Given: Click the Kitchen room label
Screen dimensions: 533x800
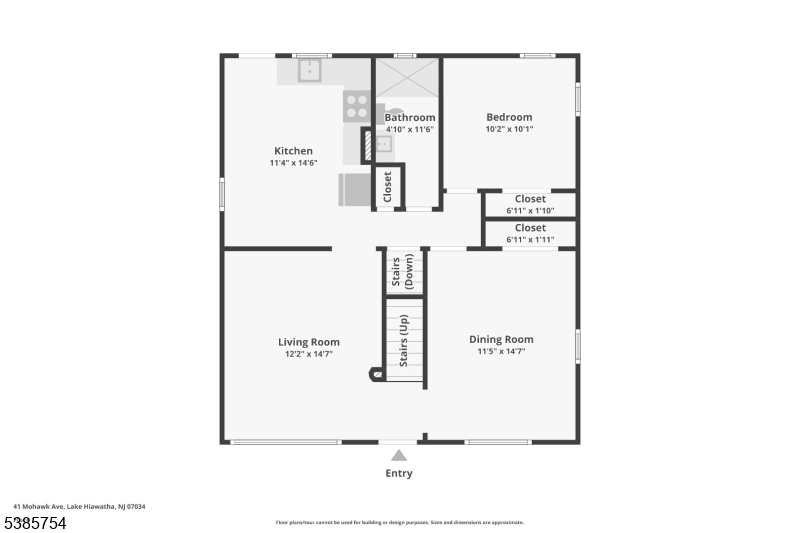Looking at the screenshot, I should click(x=293, y=151).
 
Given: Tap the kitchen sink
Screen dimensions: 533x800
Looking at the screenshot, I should click(x=311, y=71).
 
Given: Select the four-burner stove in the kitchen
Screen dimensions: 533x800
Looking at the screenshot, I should click(x=357, y=106).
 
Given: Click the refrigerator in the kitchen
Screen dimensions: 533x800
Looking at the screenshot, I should click(x=355, y=189).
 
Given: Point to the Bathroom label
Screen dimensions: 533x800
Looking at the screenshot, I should click(x=410, y=117).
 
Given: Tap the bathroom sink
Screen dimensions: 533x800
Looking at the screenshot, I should click(x=380, y=144).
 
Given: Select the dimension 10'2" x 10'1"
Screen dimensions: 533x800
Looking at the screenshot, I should click(x=509, y=129).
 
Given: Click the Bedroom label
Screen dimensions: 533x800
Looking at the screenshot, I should click(x=509, y=117).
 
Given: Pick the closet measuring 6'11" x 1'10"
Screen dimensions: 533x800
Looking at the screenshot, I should click(x=530, y=205).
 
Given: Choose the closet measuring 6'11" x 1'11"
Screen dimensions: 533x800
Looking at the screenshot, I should click(x=530, y=234).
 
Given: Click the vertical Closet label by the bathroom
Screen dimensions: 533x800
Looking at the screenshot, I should click(x=388, y=186).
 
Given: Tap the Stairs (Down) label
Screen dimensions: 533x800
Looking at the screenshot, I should click(x=402, y=272).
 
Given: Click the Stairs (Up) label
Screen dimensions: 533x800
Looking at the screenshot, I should click(x=404, y=340).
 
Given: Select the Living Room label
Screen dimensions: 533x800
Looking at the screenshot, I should click(x=309, y=342).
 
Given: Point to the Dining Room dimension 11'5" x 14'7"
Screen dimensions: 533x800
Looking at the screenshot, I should click(x=501, y=352).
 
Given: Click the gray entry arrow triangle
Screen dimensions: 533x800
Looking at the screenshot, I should click(x=399, y=456).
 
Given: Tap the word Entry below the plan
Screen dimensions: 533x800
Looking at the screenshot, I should click(x=399, y=474).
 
